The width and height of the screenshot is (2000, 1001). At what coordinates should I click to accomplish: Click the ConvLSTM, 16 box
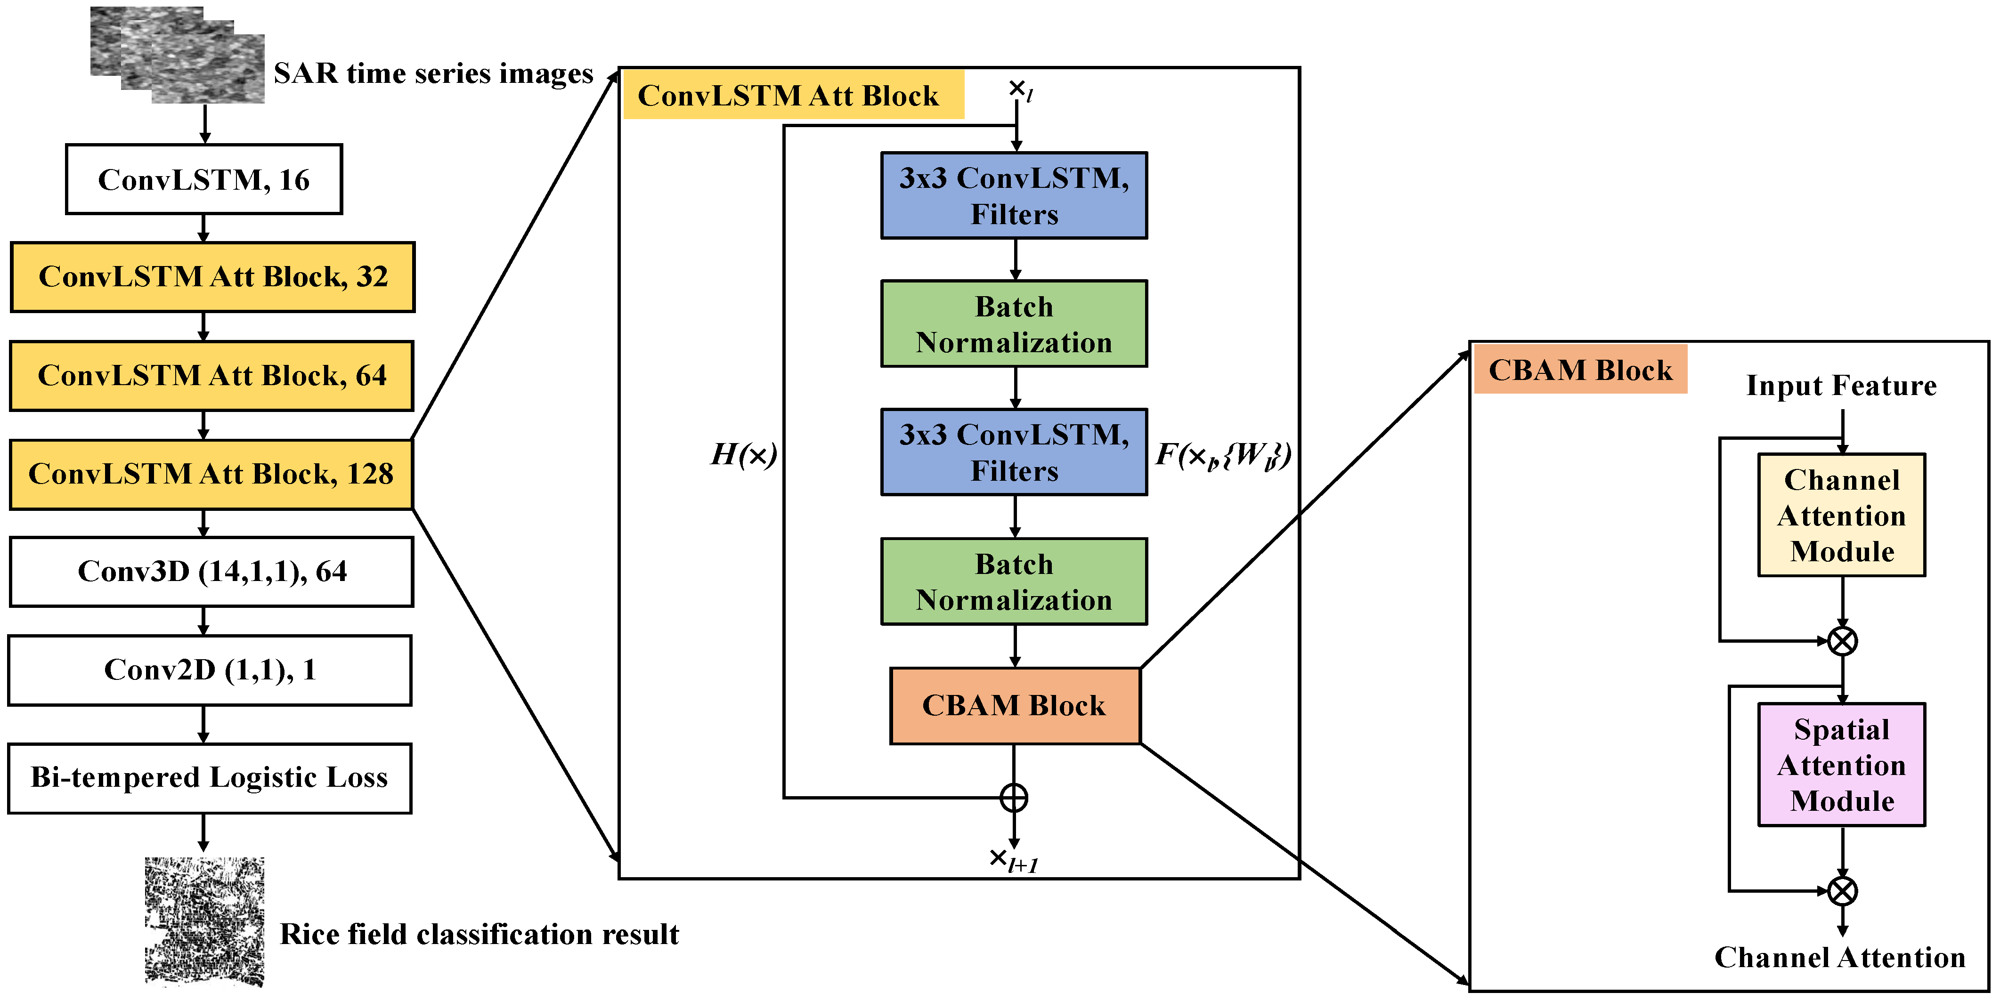(x=203, y=179)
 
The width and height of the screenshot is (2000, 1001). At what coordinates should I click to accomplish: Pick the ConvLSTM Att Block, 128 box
(x=211, y=474)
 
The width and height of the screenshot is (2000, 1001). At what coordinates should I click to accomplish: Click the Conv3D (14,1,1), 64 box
(x=211, y=572)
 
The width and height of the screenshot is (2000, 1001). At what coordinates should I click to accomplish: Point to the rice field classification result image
(x=204, y=921)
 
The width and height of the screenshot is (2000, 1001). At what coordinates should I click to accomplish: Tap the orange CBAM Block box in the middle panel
(x=1014, y=705)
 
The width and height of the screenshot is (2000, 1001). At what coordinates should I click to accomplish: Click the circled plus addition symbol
(x=1014, y=798)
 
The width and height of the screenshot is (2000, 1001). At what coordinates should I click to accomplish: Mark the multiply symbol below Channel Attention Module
(x=1842, y=641)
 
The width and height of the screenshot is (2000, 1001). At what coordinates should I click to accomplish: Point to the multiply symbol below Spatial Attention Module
(x=1842, y=891)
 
